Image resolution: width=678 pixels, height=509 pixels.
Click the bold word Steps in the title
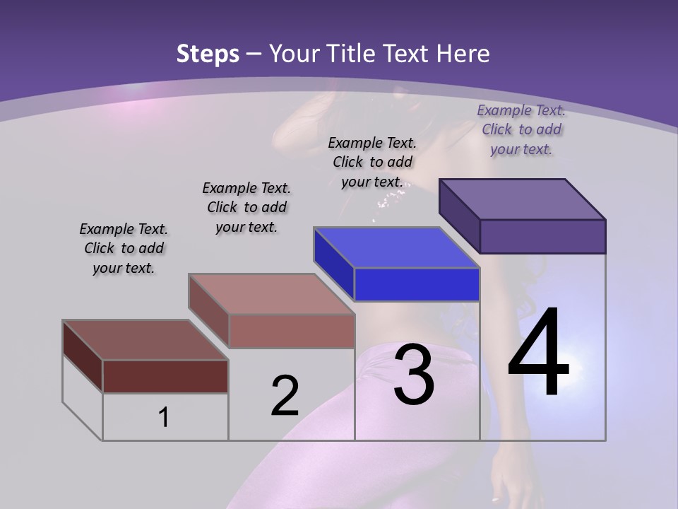pyautogui.click(x=208, y=54)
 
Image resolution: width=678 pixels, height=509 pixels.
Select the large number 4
pyautogui.click(x=538, y=353)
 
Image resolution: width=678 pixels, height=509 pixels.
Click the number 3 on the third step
pyautogui.click(x=414, y=375)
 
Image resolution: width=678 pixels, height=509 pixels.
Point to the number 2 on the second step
pyautogui.click(x=285, y=396)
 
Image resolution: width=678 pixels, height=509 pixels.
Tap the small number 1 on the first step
pyautogui.click(x=164, y=418)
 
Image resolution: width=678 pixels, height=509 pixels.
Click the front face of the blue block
pyautogui.click(x=417, y=285)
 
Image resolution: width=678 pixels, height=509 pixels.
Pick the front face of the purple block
pyautogui.click(x=542, y=236)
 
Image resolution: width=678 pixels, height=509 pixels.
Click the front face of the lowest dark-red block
pyautogui.click(x=165, y=376)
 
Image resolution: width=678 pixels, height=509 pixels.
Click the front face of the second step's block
pyautogui.click(x=291, y=331)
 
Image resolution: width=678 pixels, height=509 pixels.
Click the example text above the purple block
pyautogui.click(x=521, y=129)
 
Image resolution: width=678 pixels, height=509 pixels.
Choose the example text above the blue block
pyautogui.click(x=373, y=162)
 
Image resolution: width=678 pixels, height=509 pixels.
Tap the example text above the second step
pyautogui.click(x=246, y=207)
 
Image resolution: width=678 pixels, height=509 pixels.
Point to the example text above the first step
pyautogui.click(x=124, y=248)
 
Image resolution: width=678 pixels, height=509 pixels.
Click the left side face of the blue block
pyautogui.click(x=333, y=263)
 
